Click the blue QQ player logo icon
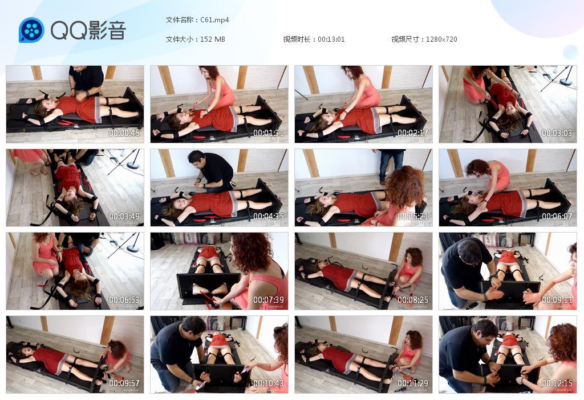(x=31, y=30)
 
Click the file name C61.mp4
(x=214, y=20)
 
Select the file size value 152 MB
(x=213, y=39)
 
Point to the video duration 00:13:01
(x=331, y=39)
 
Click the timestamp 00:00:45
(x=124, y=133)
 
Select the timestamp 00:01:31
(x=269, y=133)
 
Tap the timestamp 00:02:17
(x=413, y=133)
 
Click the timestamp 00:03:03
(x=557, y=133)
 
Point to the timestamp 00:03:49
(x=124, y=217)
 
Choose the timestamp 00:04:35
(x=269, y=217)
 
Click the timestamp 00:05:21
(x=413, y=217)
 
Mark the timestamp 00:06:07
(x=557, y=217)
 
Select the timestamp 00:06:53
(x=124, y=300)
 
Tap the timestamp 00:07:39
(x=269, y=300)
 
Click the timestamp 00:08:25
(x=413, y=300)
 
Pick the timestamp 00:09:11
(x=557, y=300)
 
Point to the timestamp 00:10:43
(x=269, y=383)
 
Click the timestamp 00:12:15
(x=557, y=383)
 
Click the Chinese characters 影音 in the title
(x=107, y=30)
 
